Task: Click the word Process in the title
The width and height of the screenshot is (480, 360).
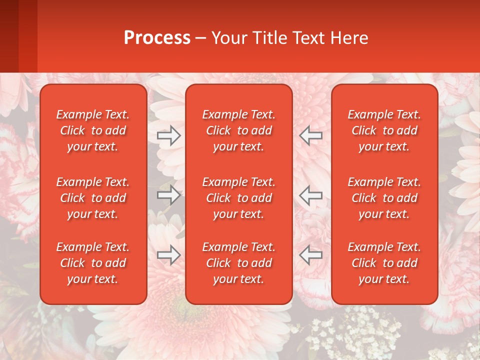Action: (x=157, y=38)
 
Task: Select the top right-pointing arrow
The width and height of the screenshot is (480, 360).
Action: (x=169, y=135)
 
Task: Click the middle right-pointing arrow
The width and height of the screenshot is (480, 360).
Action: (x=169, y=195)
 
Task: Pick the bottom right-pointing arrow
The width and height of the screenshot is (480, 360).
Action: (x=169, y=255)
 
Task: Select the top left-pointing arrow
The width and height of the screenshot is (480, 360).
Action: (x=311, y=135)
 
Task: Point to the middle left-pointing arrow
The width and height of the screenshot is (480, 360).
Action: (x=311, y=195)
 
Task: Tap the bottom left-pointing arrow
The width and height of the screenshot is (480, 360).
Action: (x=311, y=255)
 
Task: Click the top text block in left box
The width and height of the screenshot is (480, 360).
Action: (x=93, y=130)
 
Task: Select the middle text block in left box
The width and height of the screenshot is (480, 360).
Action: (x=93, y=198)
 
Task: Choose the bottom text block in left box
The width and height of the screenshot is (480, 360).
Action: (x=93, y=263)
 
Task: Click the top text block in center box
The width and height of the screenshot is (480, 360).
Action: (x=239, y=130)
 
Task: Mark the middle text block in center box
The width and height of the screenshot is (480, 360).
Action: (x=239, y=198)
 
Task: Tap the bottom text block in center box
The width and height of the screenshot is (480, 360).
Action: (x=239, y=263)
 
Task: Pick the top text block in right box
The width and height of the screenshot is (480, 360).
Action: (x=384, y=130)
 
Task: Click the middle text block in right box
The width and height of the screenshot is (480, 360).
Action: (x=384, y=198)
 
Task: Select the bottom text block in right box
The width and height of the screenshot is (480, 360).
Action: (x=384, y=263)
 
